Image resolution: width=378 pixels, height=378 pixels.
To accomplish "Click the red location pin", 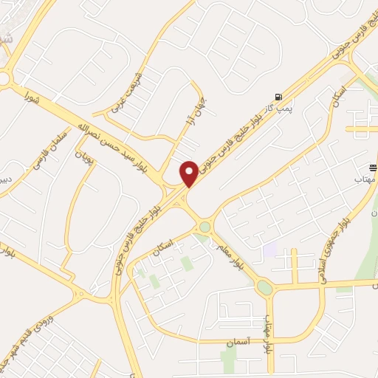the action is [x=190, y=173].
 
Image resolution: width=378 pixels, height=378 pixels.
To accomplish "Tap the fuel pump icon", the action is [x=278, y=97].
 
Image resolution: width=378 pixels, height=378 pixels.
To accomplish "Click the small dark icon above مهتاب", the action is [x=372, y=168].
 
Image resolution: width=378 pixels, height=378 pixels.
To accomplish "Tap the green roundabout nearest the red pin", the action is [x=204, y=227].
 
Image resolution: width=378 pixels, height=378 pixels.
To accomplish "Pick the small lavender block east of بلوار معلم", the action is [x=269, y=250].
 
